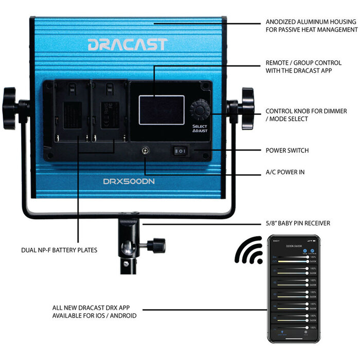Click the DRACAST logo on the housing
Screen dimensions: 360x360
[127, 44]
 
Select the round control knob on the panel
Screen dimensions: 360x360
[200, 109]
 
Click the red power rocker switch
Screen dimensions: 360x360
[180, 151]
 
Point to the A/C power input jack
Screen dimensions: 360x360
[146, 152]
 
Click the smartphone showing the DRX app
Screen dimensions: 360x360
[293, 290]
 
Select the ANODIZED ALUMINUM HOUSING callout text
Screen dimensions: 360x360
[311, 26]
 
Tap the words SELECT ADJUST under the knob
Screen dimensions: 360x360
[200, 129]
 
